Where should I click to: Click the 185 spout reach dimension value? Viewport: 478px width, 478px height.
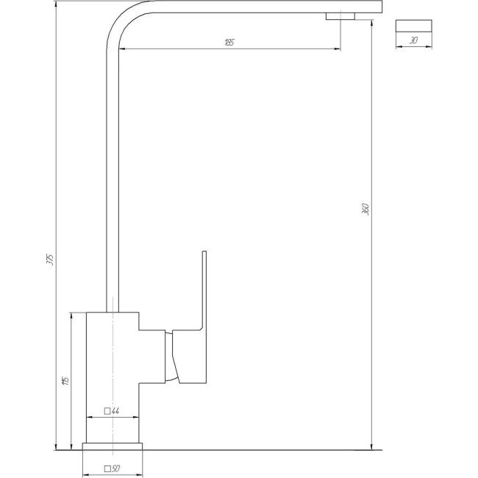point(229,43)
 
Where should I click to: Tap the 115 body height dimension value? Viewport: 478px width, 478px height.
point(65,380)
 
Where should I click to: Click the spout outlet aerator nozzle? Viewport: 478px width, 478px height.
point(340,16)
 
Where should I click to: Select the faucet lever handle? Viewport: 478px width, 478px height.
point(202,294)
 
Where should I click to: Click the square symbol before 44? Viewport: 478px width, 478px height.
point(107,411)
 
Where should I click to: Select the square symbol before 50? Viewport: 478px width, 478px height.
point(107,468)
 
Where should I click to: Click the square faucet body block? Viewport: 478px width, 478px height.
point(112,375)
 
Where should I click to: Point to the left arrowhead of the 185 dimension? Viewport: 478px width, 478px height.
point(121,49)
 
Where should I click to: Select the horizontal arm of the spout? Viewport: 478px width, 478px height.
point(250,7)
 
